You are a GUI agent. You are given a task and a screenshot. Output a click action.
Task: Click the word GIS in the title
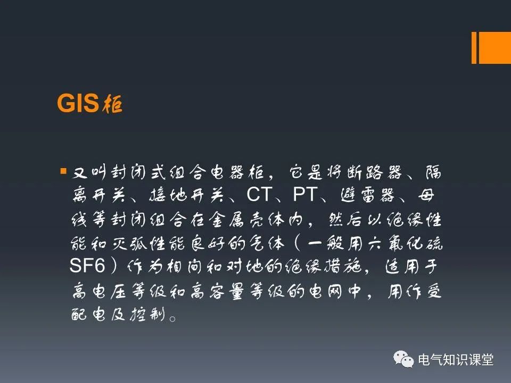point(78,103)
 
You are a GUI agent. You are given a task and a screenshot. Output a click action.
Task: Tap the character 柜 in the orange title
point(112,104)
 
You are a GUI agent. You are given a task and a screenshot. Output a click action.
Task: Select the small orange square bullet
point(63,171)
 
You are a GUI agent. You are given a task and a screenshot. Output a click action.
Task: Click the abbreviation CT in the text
point(259,195)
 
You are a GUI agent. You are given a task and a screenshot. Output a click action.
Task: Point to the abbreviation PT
point(305,195)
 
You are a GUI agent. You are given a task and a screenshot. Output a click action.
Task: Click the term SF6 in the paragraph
point(87,265)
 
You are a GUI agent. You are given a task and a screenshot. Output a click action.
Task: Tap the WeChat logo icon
point(403,359)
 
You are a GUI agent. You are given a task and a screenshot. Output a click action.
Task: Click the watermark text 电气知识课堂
point(456,360)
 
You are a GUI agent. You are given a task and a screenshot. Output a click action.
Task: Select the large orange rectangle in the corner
point(494,47)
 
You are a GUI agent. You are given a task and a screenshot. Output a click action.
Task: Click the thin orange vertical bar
point(474,47)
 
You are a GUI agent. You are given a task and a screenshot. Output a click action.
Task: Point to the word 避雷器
point(368,195)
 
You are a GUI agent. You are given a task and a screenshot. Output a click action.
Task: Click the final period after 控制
point(172,318)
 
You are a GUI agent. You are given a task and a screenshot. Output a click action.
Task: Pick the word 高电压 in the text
point(99,290)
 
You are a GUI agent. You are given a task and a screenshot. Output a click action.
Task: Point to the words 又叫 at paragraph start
point(89,172)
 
